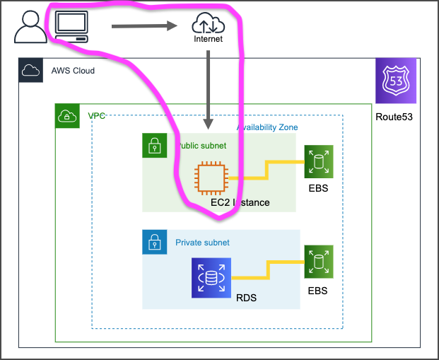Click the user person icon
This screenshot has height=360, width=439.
point(29,28)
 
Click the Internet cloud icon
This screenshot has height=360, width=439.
point(208,25)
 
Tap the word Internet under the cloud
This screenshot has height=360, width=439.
point(208,40)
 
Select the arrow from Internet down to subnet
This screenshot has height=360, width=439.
point(209,88)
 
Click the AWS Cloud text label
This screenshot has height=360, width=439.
point(72,71)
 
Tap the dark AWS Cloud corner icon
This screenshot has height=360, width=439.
point(30,71)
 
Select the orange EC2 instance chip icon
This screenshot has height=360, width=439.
point(211,178)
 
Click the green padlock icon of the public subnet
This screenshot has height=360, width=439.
point(154,146)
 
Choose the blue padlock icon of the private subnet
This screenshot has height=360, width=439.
point(154,242)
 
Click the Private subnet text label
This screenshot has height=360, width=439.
point(202,243)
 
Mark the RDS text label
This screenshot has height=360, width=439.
point(246,298)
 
